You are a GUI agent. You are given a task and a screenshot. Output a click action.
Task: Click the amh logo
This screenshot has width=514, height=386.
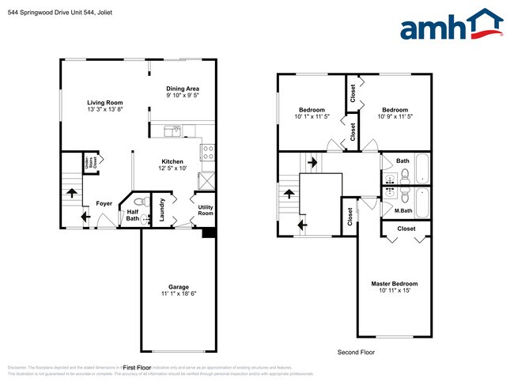click(x=452, y=25)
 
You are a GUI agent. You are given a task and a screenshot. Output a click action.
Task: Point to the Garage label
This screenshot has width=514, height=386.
click(x=178, y=286)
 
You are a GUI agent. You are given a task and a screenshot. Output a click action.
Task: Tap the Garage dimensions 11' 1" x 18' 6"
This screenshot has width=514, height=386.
click(x=178, y=293)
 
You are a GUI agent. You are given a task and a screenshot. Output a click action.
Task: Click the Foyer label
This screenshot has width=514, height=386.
click(x=104, y=203)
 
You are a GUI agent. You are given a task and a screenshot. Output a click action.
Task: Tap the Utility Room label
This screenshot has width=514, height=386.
click(x=205, y=210)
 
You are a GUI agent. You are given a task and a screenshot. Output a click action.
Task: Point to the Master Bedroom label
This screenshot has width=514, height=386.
click(x=394, y=283)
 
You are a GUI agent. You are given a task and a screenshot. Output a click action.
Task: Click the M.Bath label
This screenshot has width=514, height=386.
click(x=403, y=210)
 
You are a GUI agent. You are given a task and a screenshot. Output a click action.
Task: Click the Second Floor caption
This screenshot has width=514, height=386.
click(x=356, y=352)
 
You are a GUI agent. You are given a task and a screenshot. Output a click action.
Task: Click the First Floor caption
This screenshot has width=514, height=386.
click(x=138, y=368)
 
